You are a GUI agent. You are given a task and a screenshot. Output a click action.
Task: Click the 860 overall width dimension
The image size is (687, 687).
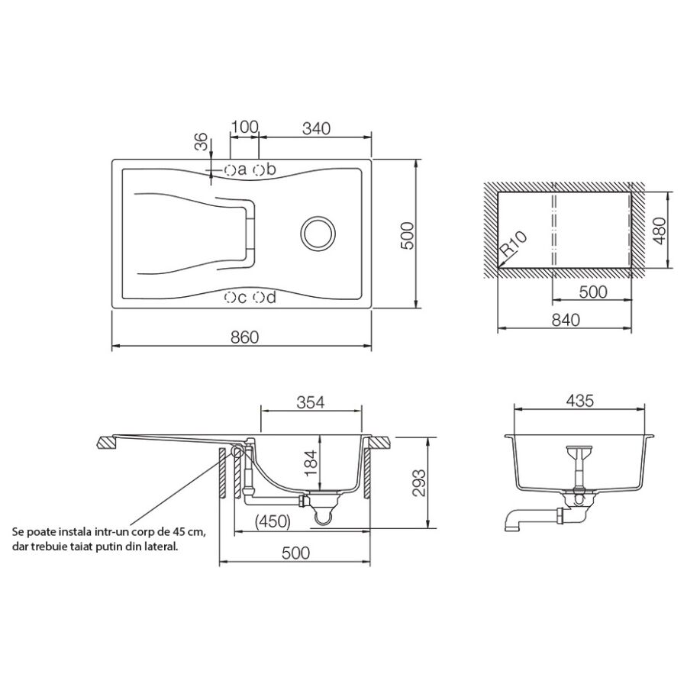245,337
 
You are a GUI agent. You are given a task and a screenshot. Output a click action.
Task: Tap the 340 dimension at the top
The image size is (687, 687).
316,128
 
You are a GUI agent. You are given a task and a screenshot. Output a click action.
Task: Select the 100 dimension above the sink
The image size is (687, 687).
245,127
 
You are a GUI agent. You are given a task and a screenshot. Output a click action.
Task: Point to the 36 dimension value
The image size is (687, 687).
201,141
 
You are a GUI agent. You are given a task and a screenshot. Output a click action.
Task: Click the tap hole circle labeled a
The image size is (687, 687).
230,169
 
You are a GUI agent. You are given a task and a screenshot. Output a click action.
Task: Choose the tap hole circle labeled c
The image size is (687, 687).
230,298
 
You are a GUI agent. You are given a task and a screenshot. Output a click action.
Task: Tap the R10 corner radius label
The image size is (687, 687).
514,244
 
